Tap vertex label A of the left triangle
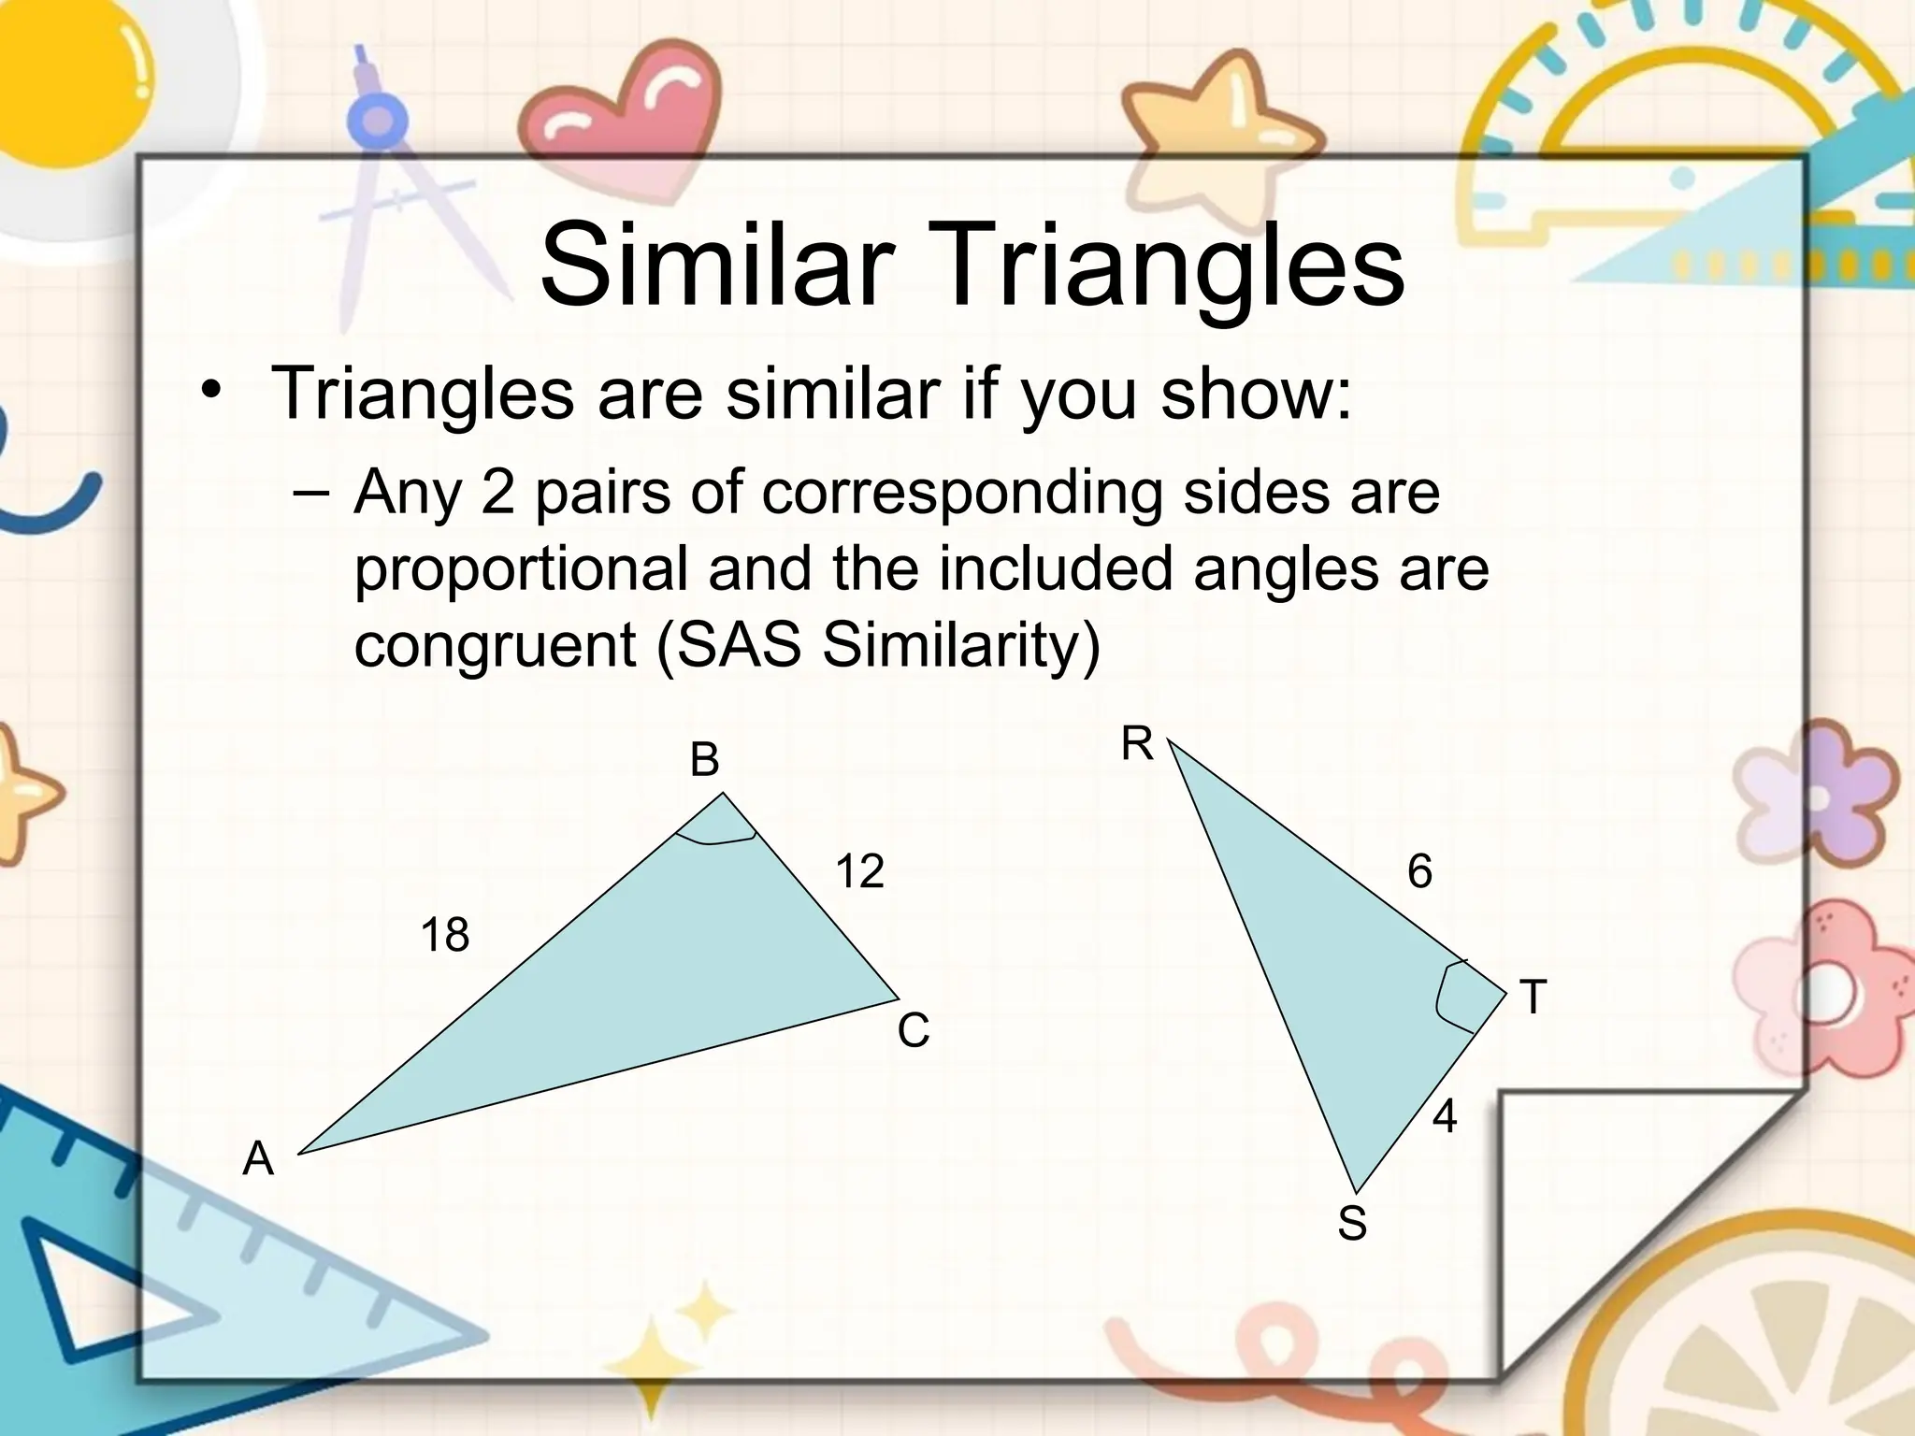click(258, 1159)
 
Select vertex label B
click(704, 760)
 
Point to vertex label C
click(913, 1031)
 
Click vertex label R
click(1137, 745)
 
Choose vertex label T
click(1533, 997)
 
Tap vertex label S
click(1352, 1223)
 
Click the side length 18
click(444, 935)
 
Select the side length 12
click(859, 871)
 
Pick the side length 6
click(1419, 872)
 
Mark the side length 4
click(1445, 1116)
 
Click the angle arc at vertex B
click(715, 840)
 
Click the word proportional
click(521, 568)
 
